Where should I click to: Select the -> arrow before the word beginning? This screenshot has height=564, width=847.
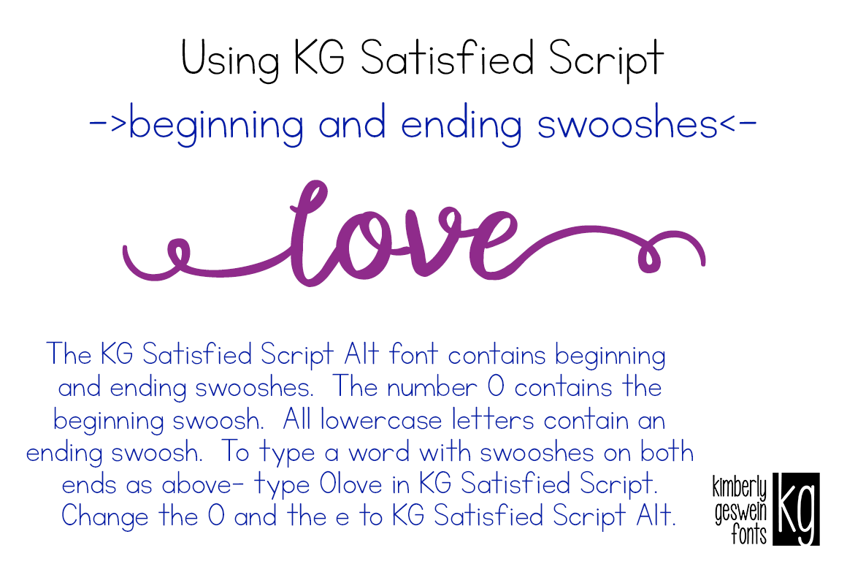108,126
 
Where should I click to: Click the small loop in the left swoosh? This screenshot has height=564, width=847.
177,252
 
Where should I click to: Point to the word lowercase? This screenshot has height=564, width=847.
381,420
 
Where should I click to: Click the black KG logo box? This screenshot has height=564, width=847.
795,508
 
